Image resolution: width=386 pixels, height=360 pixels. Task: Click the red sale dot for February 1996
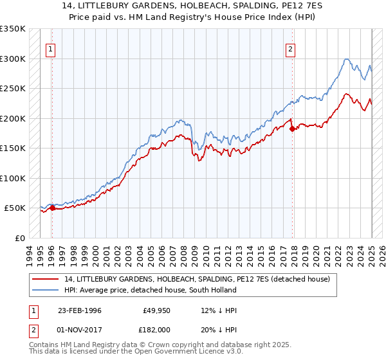(53, 208)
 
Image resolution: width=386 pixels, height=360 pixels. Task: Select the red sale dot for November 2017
(293, 129)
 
